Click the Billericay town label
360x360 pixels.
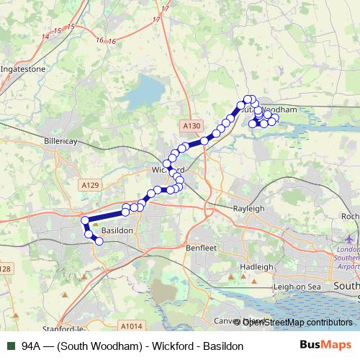(x=60, y=141)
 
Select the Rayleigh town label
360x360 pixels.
(x=248, y=208)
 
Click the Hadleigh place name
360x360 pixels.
(x=256, y=266)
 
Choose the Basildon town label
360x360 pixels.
(x=117, y=230)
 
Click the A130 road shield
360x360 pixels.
(x=191, y=126)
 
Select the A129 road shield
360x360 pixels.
(x=89, y=185)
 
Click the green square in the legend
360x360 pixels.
(x=10, y=346)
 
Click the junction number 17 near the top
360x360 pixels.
(x=166, y=8)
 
